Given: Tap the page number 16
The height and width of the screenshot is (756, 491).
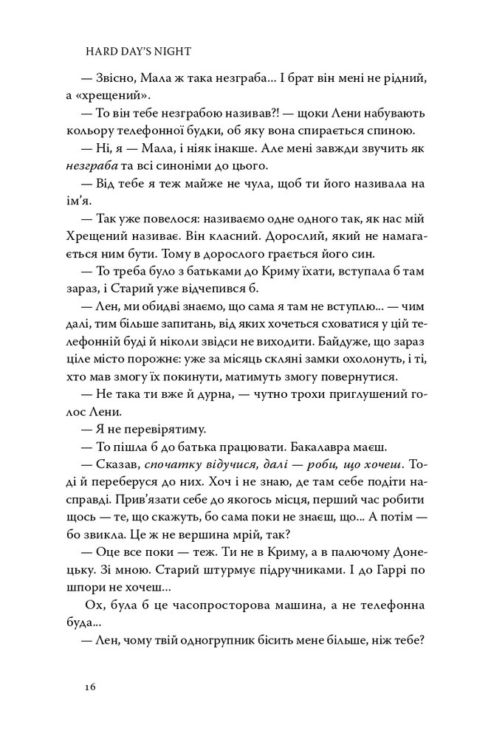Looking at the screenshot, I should (x=90, y=686).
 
